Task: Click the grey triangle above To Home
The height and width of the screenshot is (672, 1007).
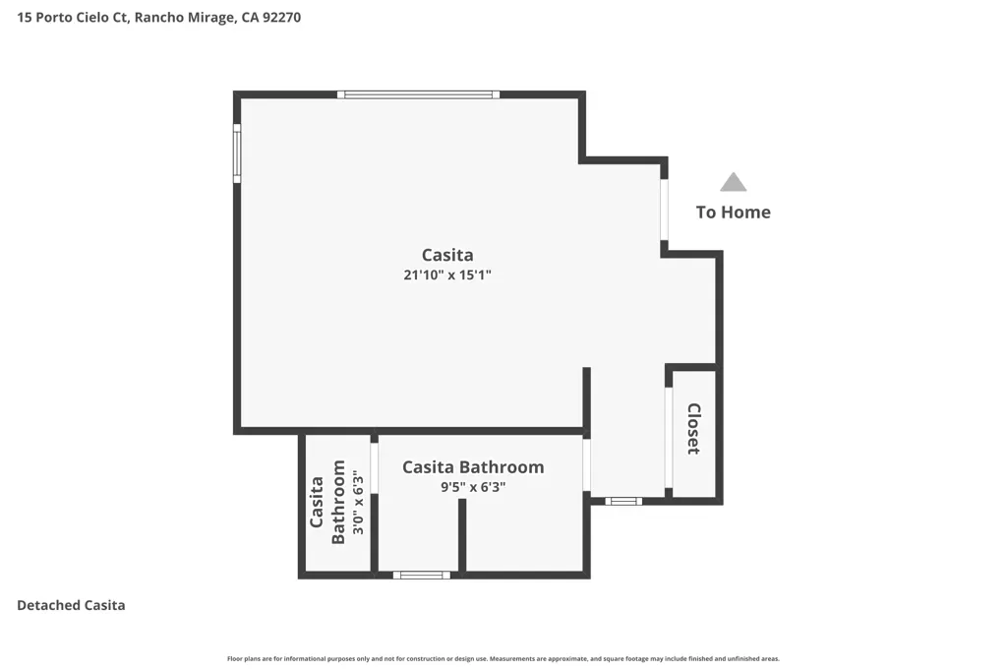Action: point(733,182)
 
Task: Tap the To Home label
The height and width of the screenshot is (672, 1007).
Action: point(734,212)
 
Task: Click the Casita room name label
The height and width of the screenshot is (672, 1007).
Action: point(447,255)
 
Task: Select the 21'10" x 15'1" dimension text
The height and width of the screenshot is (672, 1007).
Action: point(447,275)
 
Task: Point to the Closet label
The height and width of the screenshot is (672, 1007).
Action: point(693,429)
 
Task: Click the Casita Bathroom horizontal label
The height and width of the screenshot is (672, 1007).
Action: point(473,467)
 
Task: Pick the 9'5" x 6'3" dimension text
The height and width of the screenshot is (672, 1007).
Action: point(473,487)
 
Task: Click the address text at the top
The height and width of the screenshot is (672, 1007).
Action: point(158,18)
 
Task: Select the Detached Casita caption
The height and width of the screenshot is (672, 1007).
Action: point(71,605)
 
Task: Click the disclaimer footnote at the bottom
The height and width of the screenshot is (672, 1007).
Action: point(503,658)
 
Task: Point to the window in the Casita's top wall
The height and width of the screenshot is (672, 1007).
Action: point(418,94)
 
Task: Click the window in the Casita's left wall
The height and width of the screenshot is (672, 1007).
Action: point(237,153)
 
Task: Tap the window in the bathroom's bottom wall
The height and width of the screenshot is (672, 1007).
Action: point(421,575)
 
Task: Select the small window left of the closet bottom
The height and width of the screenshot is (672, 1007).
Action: point(623,501)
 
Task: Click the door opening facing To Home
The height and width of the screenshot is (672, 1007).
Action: point(665,210)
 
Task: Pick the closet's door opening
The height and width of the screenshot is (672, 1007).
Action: point(669,438)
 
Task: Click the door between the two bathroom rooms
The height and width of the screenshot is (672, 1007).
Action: point(375,467)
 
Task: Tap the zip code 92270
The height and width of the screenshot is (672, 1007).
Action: point(281,18)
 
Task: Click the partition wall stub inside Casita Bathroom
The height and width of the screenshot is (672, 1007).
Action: point(462,535)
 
